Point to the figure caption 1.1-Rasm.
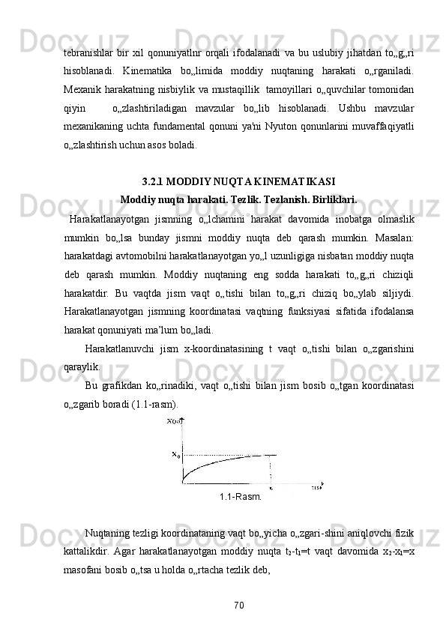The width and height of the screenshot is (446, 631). click(240, 496)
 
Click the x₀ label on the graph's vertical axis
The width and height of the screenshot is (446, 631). click(176, 454)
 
